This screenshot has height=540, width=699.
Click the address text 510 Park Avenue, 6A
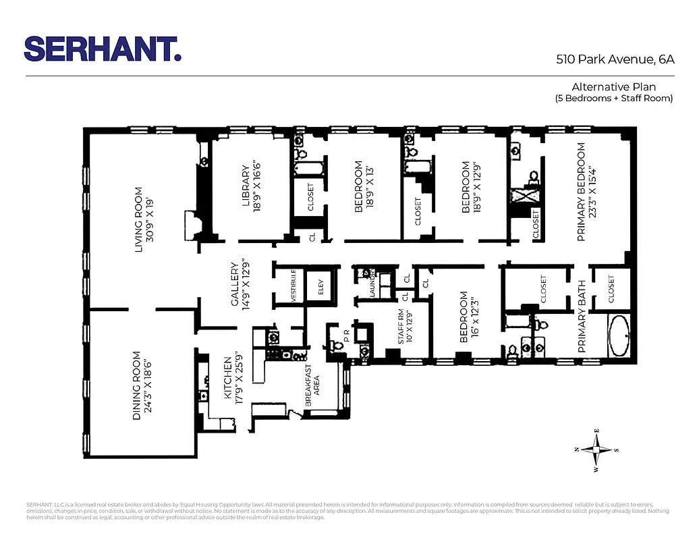click(615, 59)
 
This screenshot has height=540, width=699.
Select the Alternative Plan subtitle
click(613, 92)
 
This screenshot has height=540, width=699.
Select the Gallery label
click(240, 284)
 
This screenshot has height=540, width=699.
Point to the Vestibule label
click(293, 286)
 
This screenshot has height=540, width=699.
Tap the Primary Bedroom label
click(586, 192)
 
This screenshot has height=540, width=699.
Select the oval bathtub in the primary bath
click(619, 335)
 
